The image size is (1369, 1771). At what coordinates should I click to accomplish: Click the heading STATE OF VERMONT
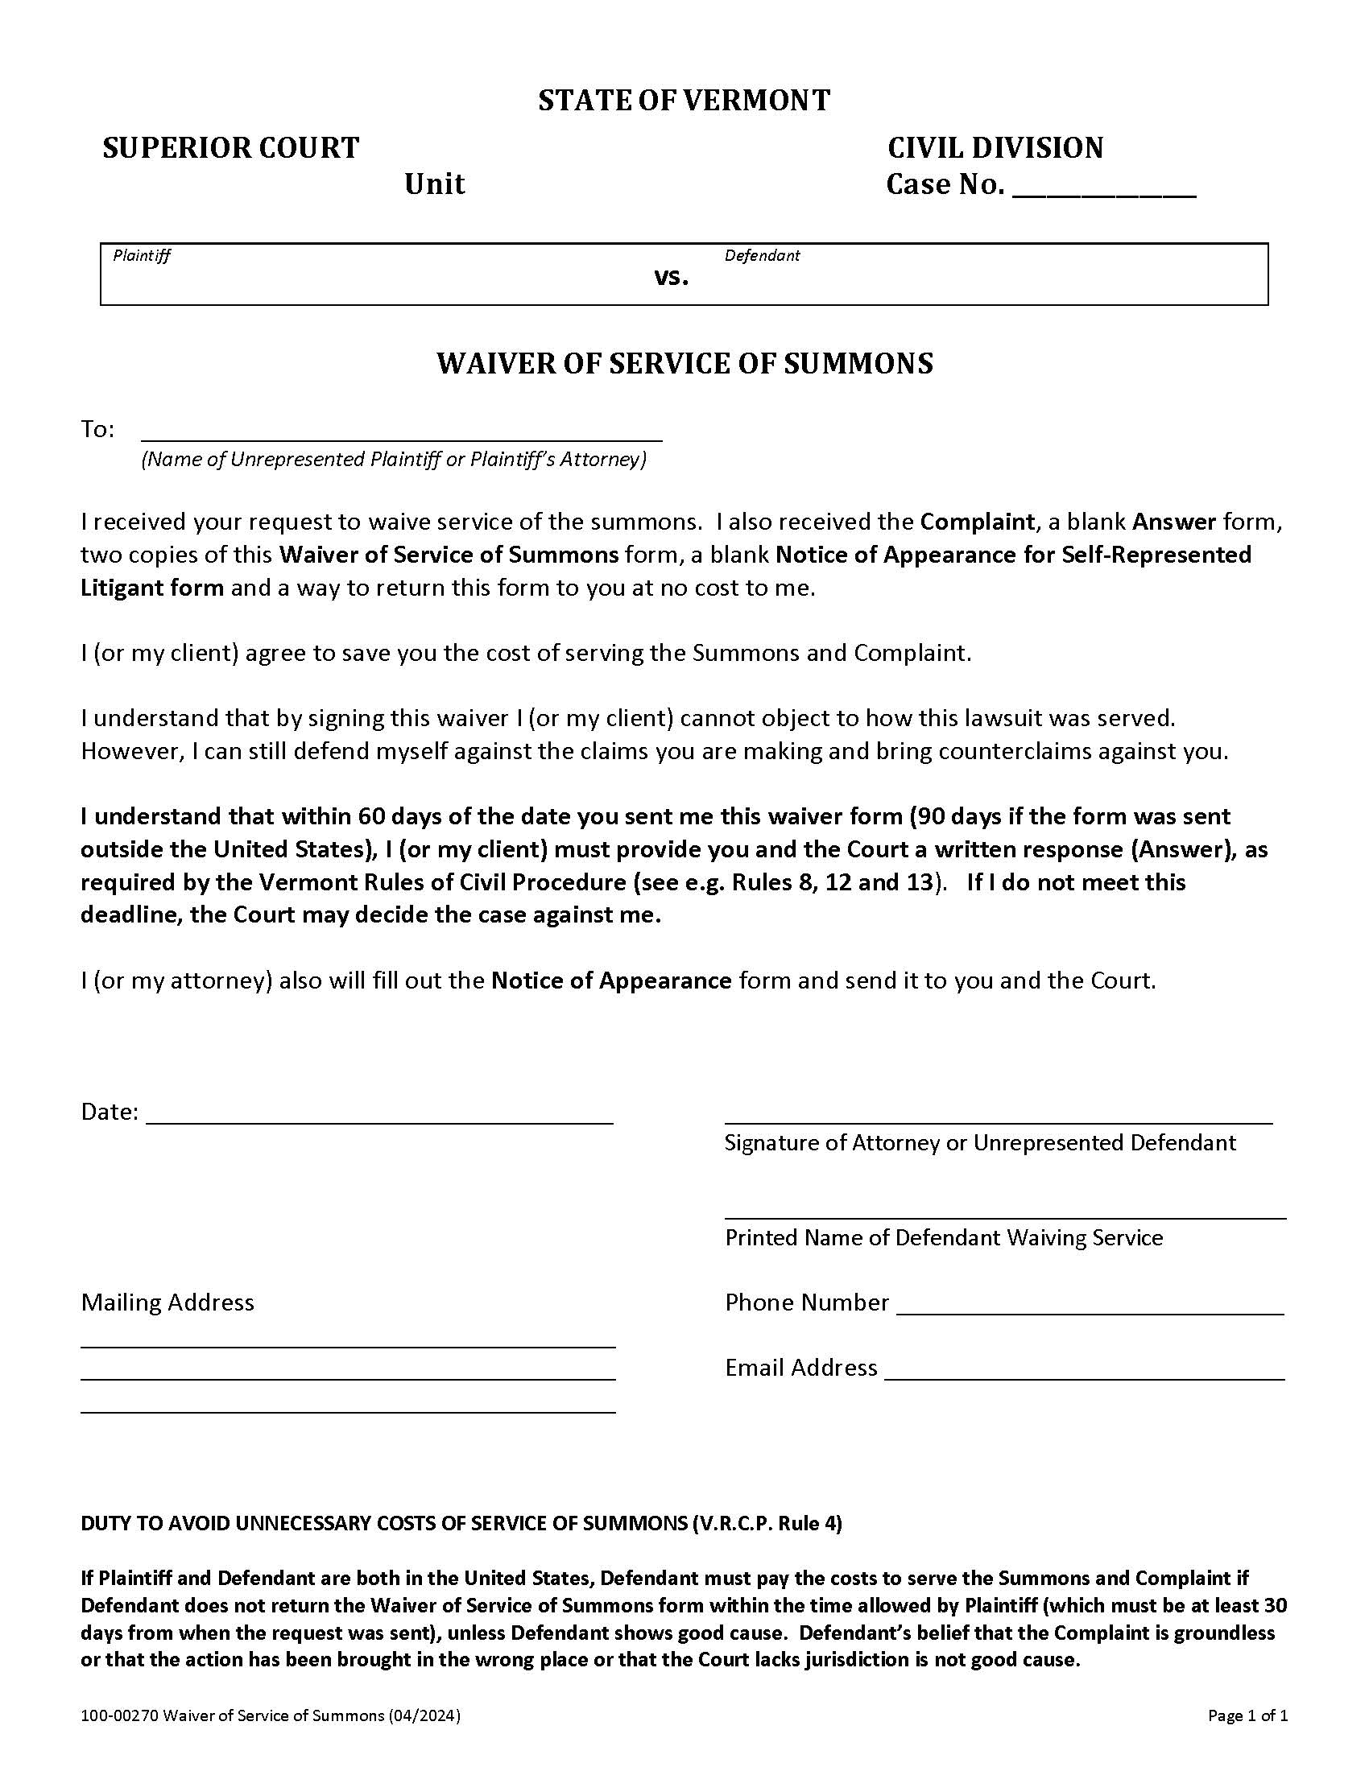pyautogui.click(x=684, y=101)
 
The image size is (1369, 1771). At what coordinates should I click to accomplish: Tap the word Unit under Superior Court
pyautogui.click(x=435, y=184)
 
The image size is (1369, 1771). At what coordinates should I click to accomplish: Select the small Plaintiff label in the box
pyautogui.click(x=142, y=256)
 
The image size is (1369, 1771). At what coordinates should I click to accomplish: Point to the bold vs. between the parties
pyautogui.click(x=672, y=278)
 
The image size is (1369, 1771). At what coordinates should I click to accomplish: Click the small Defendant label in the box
pyautogui.click(x=762, y=255)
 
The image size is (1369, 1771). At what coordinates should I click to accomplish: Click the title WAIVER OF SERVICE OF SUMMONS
pyautogui.click(x=684, y=363)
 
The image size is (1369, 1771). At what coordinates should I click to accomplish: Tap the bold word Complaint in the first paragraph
pyautogui.click(x=978, y=522)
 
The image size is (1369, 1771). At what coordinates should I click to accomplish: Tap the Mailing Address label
pyautogui.click(x=167, y=1302)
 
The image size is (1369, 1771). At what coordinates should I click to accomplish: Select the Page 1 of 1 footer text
pyautogui.click(x=1247, y=1715)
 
